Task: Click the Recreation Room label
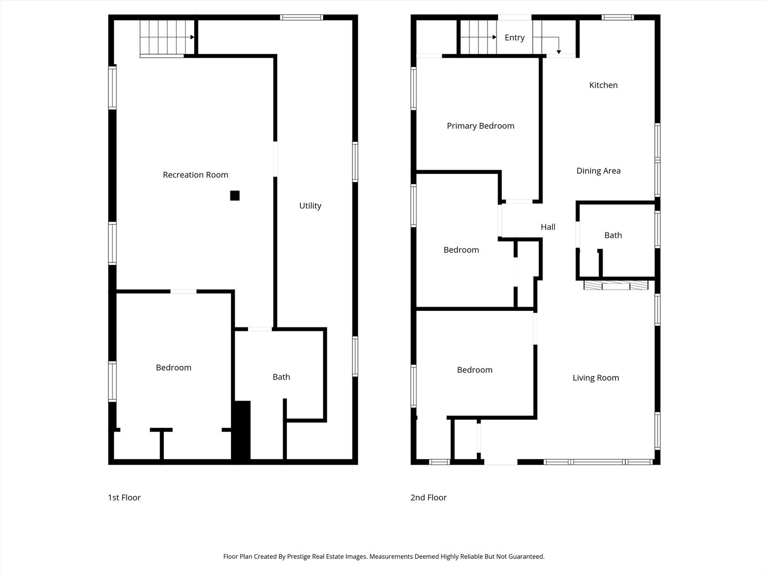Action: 195,175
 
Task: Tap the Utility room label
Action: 310,206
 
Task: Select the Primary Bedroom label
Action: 481,126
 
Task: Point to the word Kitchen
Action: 603,85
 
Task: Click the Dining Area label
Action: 598,171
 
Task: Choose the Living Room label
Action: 596,378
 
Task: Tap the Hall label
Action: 548,227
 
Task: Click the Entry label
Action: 514,37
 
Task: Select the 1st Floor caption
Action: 124,498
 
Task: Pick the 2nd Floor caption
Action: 428,498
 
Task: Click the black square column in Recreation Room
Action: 235,196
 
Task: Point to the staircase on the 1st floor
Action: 166,37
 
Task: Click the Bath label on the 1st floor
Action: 281,377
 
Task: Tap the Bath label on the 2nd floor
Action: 613,235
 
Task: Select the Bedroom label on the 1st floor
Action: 173,367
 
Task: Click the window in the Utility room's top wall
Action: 301,18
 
